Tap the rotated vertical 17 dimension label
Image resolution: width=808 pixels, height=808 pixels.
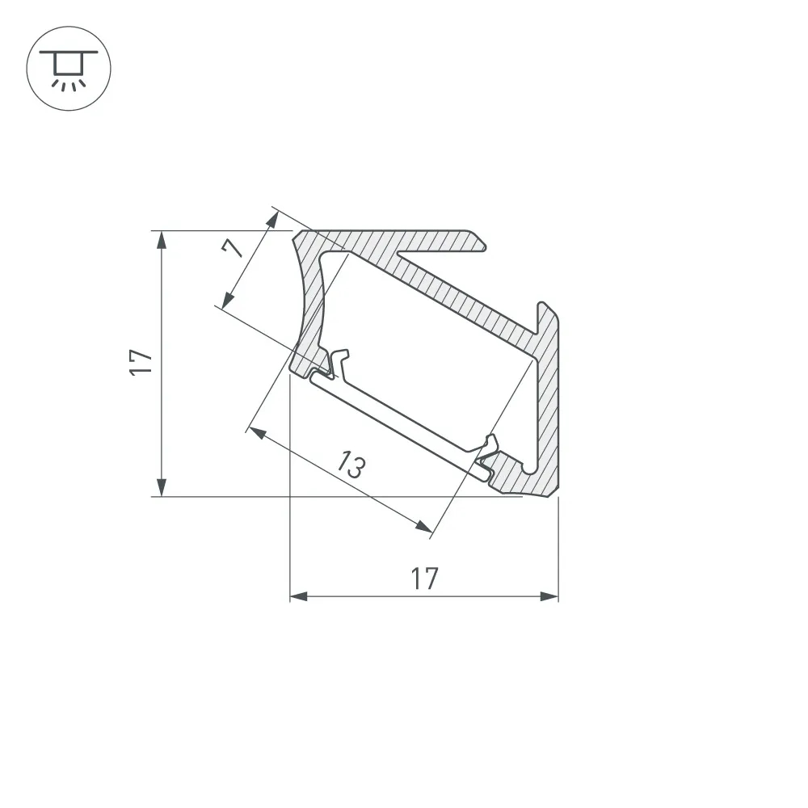[142, 362]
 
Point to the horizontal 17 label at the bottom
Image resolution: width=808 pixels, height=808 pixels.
[423, 578]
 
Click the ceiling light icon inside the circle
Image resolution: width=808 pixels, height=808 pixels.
[69, 68]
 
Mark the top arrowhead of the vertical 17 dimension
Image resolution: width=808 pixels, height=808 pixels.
[162, 238]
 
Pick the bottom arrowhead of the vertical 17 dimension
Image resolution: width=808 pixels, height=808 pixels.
[162, 488]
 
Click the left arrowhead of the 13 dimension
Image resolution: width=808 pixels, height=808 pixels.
[257, 432]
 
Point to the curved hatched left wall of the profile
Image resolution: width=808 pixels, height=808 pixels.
[310, 307]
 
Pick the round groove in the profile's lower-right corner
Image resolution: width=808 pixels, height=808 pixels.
[529, 467]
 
